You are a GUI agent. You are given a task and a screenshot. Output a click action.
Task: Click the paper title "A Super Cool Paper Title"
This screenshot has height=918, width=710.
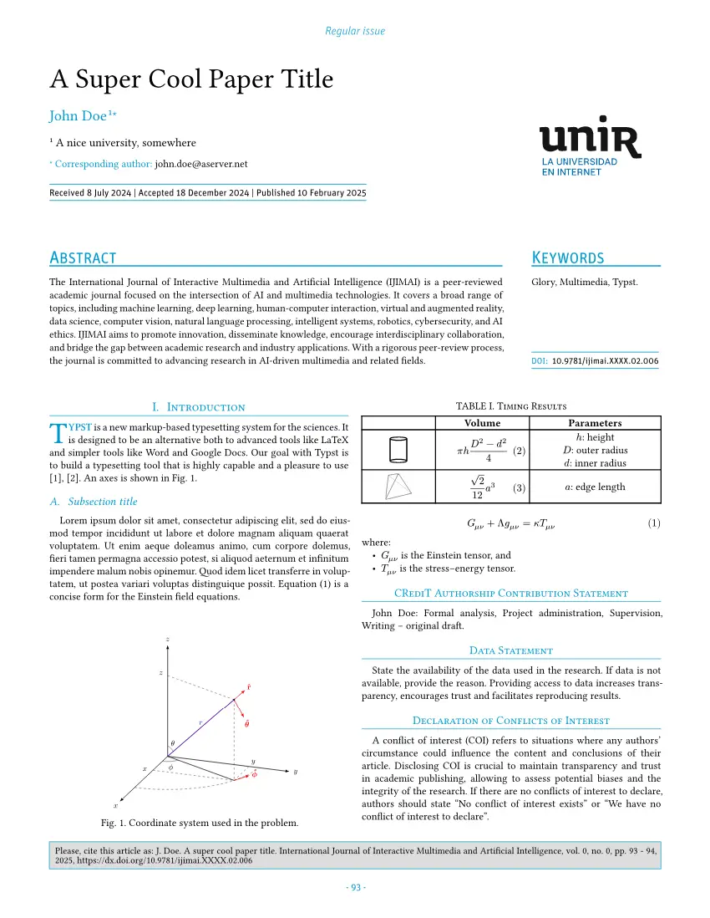191,79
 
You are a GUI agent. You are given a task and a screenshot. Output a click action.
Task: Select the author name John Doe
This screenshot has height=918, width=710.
78,115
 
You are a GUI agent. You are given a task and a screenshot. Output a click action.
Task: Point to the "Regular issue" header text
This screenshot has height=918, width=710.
355,31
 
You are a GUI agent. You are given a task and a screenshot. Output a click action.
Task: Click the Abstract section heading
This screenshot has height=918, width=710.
83,258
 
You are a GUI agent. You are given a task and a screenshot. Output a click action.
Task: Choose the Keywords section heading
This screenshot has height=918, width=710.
568,258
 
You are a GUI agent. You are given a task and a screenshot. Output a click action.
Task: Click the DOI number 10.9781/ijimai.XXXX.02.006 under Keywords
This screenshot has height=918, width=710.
606,361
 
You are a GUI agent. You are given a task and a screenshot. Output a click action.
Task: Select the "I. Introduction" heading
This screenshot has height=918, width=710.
199,407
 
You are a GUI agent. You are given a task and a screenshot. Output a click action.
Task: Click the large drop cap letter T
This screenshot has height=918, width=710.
58,432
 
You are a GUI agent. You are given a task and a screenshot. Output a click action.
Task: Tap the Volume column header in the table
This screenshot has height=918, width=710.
482,423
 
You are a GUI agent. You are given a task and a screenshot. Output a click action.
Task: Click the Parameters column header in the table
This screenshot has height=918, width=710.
595,423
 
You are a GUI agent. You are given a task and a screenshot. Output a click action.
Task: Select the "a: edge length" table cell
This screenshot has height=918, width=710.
595,487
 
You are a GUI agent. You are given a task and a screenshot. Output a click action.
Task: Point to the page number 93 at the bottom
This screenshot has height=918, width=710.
355,887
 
